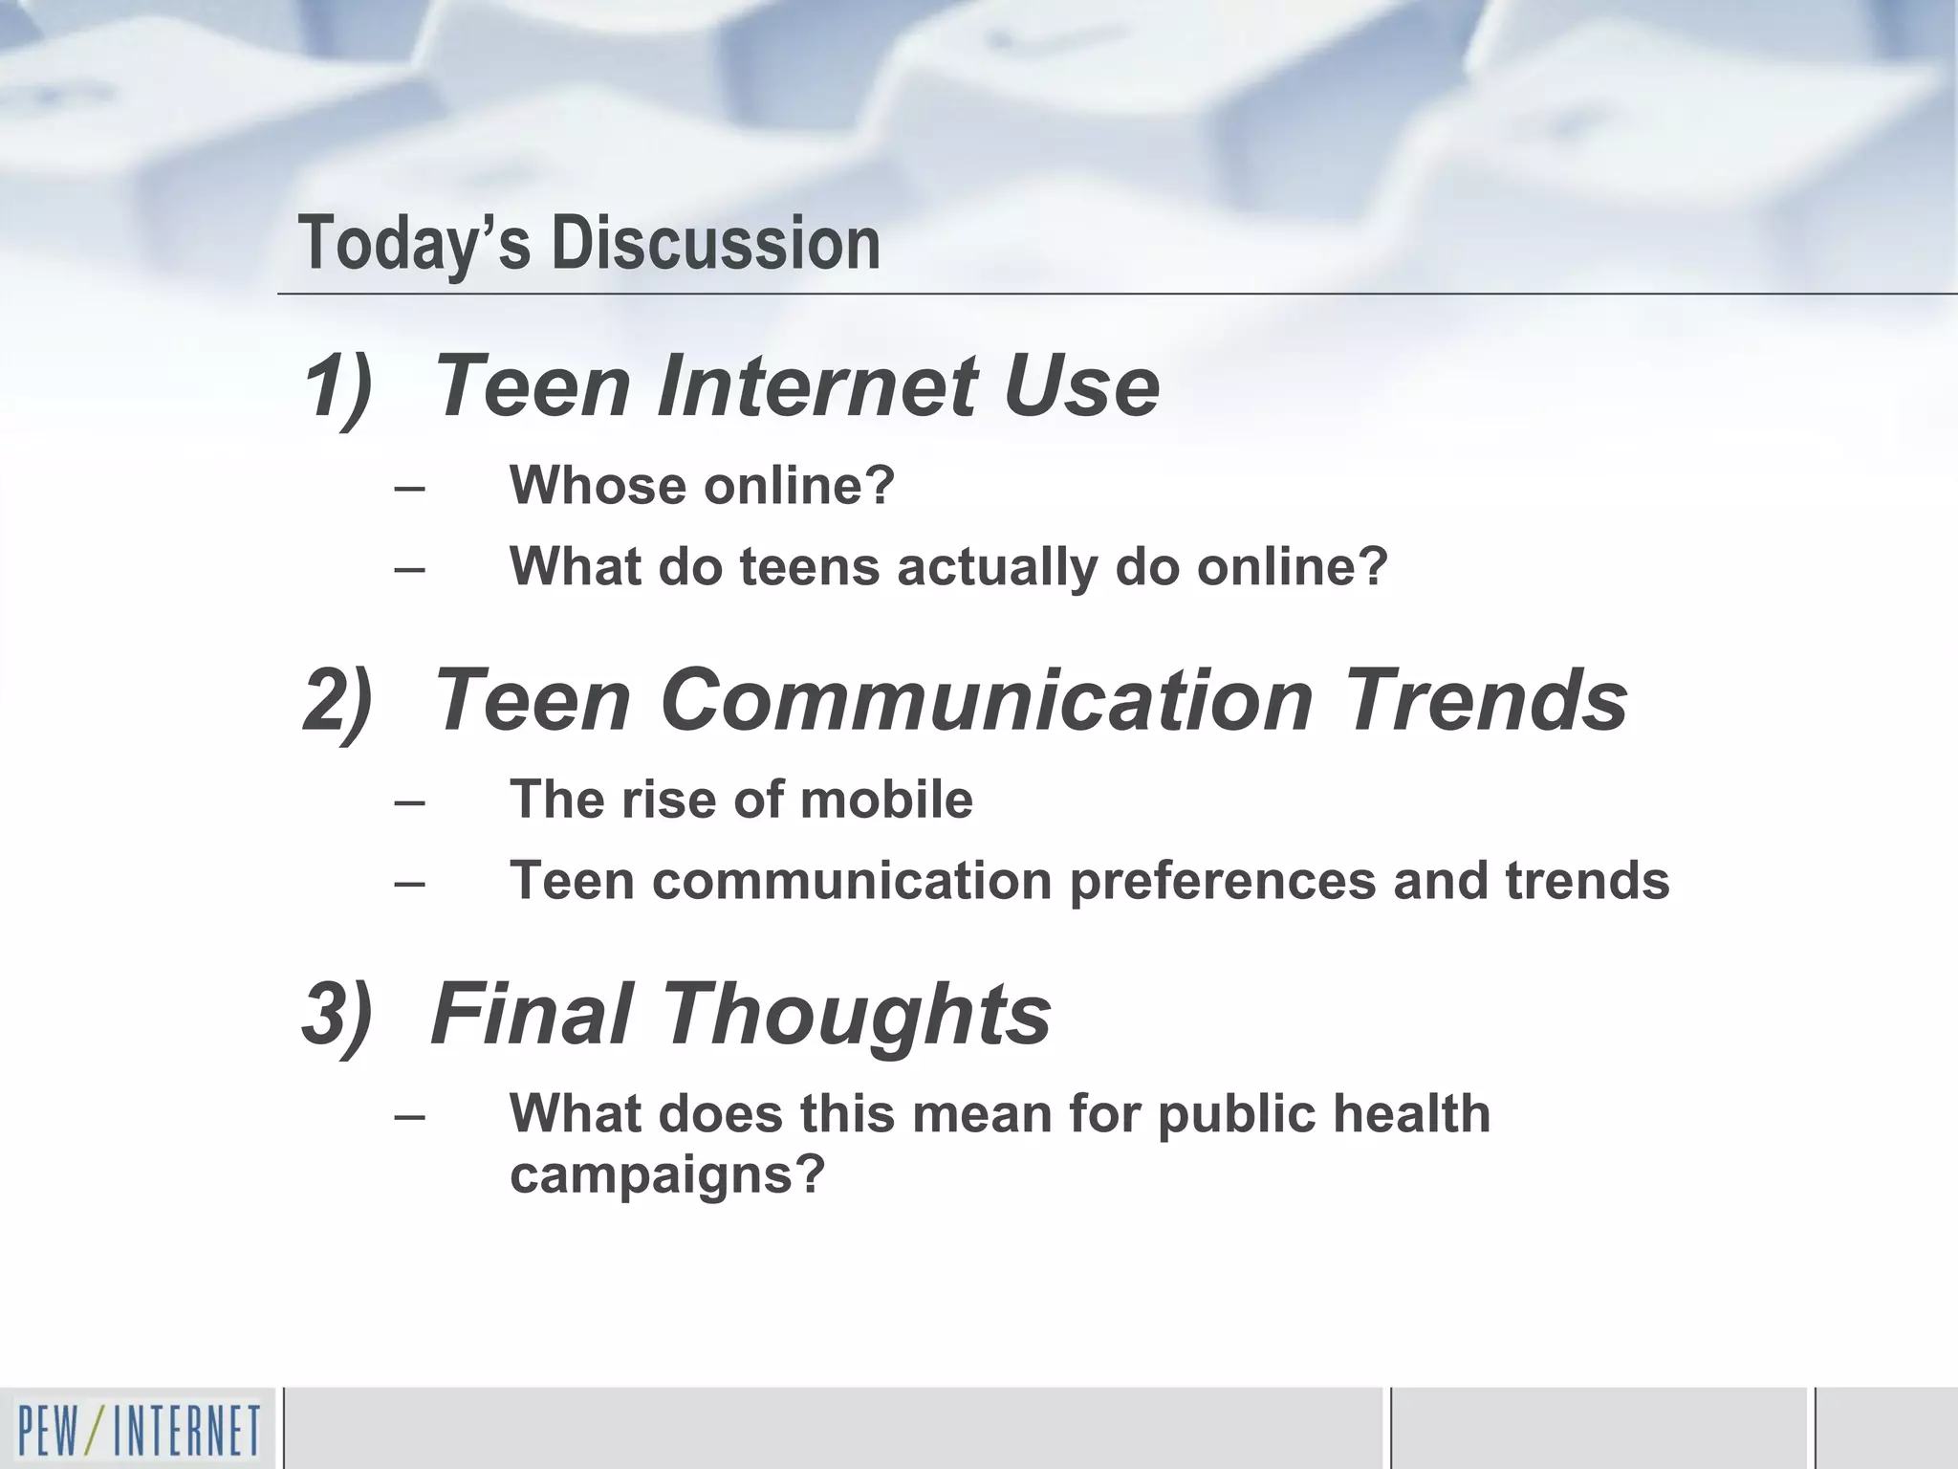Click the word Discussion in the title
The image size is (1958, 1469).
point(715,243)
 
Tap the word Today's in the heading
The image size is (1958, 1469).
point(414,243)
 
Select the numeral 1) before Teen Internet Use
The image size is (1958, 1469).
point(337,387)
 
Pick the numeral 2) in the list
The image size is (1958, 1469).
point(337,700)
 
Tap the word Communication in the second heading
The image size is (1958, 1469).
point(987,700)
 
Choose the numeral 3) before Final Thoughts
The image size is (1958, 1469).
point(337,1014)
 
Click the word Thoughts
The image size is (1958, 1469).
point(856,1014)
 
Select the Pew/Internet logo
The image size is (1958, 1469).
point(139,1429)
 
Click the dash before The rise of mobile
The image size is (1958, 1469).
point(409,801)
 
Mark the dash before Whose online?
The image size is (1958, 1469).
point(409,488)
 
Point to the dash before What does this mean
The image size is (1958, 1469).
point(409,1116)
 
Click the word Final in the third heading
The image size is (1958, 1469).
point(531,1014)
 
